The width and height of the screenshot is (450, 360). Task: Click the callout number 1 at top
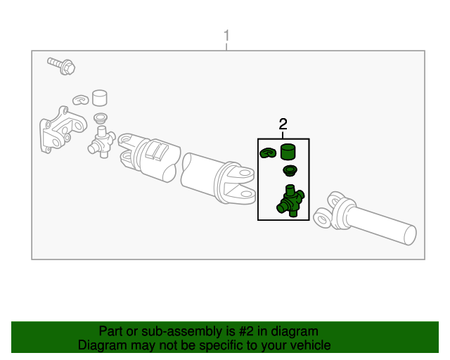(x=226, y=34)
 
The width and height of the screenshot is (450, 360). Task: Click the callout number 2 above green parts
(x=283, y=124)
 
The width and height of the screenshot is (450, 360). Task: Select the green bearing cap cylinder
(x=288, y=151)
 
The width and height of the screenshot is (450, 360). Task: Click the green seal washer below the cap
(x=288, y=171)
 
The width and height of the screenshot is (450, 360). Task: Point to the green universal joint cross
(x=290, y=200)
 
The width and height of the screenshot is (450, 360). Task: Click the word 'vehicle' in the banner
(x=309, y=345)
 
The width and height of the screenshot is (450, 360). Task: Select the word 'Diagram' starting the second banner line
(x=103, y=345)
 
